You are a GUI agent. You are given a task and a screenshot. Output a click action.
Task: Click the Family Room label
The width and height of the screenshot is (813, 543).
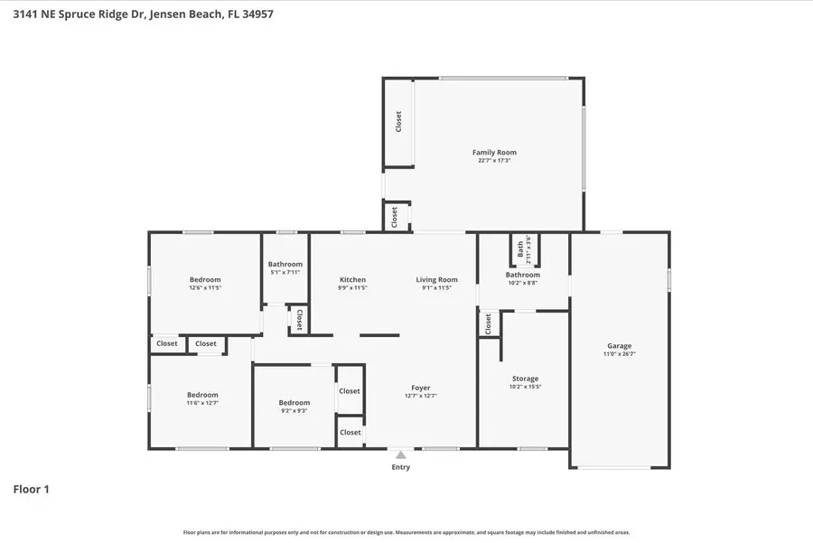click(x=494, y=153)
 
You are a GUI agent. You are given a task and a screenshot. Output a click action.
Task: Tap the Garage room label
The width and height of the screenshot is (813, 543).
click(x=619, y=346)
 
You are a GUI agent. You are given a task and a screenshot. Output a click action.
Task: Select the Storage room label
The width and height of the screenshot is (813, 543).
click(x=525, y=379)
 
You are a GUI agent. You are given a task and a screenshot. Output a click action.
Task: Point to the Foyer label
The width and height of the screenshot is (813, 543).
click(x=421, y=388)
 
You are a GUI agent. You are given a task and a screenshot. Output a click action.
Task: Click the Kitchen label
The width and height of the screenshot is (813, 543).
click(x=352, y=279)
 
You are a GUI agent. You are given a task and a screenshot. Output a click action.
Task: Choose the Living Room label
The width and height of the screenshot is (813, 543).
click(x=436, y=279)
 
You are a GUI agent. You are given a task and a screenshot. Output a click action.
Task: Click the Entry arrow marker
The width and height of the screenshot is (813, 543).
click(x=401, y=454)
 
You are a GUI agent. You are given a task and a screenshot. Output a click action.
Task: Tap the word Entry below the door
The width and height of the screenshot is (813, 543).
click(x=401, y=467)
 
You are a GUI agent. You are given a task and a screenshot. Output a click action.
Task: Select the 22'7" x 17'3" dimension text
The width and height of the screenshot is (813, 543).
click(x=494, y=161)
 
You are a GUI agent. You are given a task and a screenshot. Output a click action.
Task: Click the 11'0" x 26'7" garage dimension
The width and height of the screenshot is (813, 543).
click(x=619, y=354)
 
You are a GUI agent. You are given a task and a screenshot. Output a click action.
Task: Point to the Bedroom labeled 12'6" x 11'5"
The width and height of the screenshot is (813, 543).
click(x=205, y=279)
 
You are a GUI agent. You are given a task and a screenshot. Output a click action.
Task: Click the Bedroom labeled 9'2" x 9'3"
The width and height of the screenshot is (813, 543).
click(x=294, y=402)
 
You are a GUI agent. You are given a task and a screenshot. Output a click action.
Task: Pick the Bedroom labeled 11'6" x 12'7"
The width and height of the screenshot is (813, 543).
click(x=202, y=394)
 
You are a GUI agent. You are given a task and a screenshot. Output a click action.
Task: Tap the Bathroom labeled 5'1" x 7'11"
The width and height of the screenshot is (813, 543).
click(x=285, y=264)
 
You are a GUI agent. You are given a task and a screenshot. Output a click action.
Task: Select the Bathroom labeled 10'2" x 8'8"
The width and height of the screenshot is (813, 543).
click(x=522, y=275)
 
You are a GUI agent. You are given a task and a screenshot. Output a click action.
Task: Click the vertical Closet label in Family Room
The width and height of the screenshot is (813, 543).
click(x=397, y=122)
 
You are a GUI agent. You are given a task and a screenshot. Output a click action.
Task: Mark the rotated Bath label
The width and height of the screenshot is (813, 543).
click(x=520, y=246)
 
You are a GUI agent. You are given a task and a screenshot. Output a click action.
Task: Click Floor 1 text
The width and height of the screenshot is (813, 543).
click(x=31, y=489)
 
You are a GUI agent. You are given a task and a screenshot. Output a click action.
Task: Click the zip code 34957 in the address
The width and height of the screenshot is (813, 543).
click(x=255, y=14)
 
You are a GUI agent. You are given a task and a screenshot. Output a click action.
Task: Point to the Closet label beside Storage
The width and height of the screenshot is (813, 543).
click(x=488, y=323)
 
